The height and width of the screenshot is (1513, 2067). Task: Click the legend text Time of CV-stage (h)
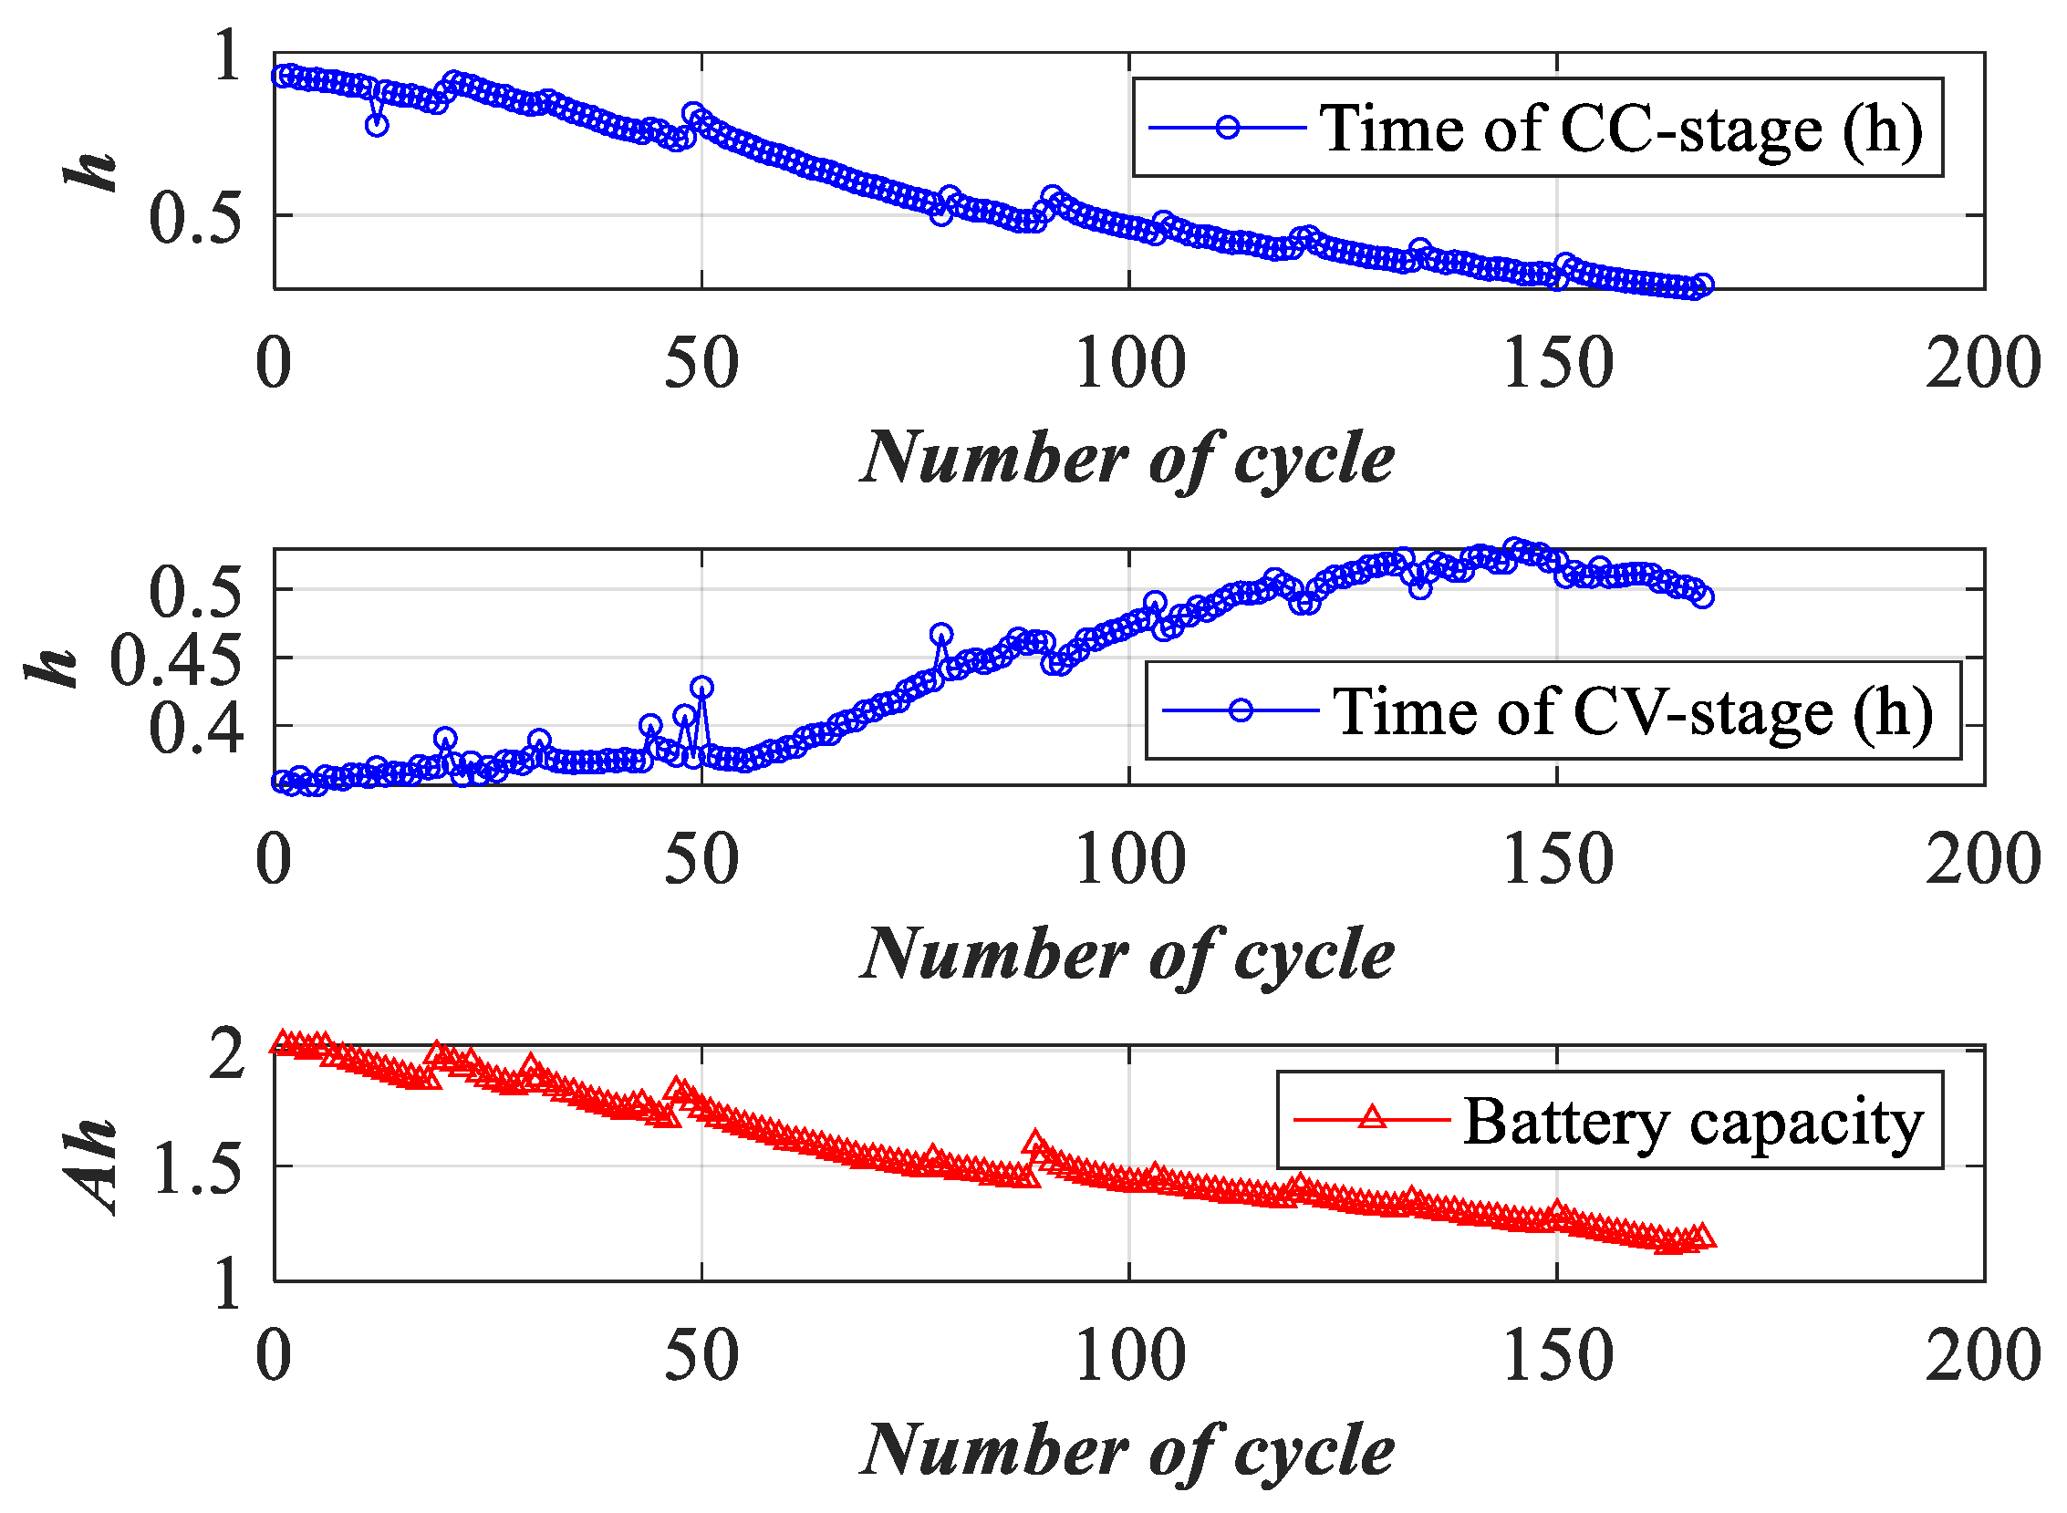pyautogui.click(x=1631, y=711)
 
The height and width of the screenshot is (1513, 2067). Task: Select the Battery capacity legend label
pyautogui.click(x=1692, y=1121)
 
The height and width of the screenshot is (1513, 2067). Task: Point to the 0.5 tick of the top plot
pyautogui.click(x=195, y=219)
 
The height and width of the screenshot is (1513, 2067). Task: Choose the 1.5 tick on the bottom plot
pyautogui.click(x=195, y=1169)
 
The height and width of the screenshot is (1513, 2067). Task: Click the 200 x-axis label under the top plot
pyautogui.click(x=1982, y=364)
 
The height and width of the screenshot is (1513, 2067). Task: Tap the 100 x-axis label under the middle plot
pyautogui.click(x=1128, y=860)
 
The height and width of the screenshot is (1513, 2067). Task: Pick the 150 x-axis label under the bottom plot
pyautogui.click(x=1556, y=1356)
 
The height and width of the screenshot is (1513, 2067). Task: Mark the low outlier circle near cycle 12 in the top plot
pyautogui.click(x=377, y=126)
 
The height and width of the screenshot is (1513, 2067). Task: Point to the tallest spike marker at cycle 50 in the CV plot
pyautogui.click(x=702, y=687)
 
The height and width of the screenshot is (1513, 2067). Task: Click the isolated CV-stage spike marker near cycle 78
pyautogui.click(x=940, y=634)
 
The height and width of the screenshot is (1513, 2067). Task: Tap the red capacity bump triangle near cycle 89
pyautogui.click(x=1036, y=1144)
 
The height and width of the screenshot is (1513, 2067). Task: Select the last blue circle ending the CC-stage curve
pyautogui.click(x=1701, y=284)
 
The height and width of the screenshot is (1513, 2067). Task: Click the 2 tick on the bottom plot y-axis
pyautogui.click(x=225, y=1054)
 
